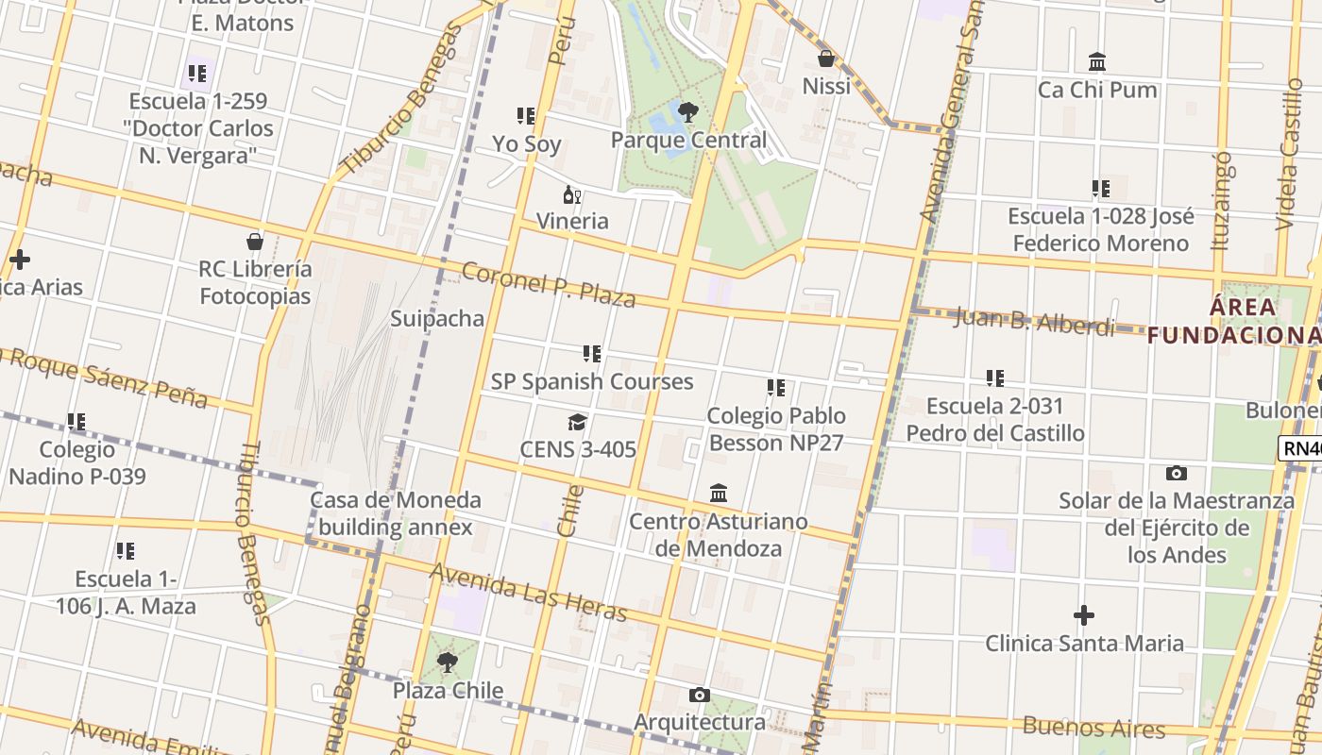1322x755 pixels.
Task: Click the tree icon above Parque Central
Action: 688,112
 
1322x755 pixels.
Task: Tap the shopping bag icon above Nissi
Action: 826,59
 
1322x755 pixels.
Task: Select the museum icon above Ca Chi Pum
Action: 1097,62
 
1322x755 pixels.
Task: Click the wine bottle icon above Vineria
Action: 571,195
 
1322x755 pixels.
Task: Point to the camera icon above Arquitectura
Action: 699,696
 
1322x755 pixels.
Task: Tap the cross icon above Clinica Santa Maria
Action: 1084,616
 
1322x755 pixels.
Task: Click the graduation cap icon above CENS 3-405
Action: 577,422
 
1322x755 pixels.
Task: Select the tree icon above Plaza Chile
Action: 448,663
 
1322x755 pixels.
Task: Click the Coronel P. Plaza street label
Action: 548,284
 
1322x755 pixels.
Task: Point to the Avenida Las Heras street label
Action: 528,592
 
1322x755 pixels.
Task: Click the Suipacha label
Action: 437,318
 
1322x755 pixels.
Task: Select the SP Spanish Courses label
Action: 592,381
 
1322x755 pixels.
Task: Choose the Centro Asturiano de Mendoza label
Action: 719,535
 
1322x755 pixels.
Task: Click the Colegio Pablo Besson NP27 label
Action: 776,429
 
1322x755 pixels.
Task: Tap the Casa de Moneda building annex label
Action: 396,513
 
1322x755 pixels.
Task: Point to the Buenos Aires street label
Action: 1094,728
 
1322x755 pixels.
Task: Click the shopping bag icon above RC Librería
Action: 254,242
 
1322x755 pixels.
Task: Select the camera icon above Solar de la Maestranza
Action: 1176,473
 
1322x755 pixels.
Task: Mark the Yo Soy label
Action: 527,144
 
